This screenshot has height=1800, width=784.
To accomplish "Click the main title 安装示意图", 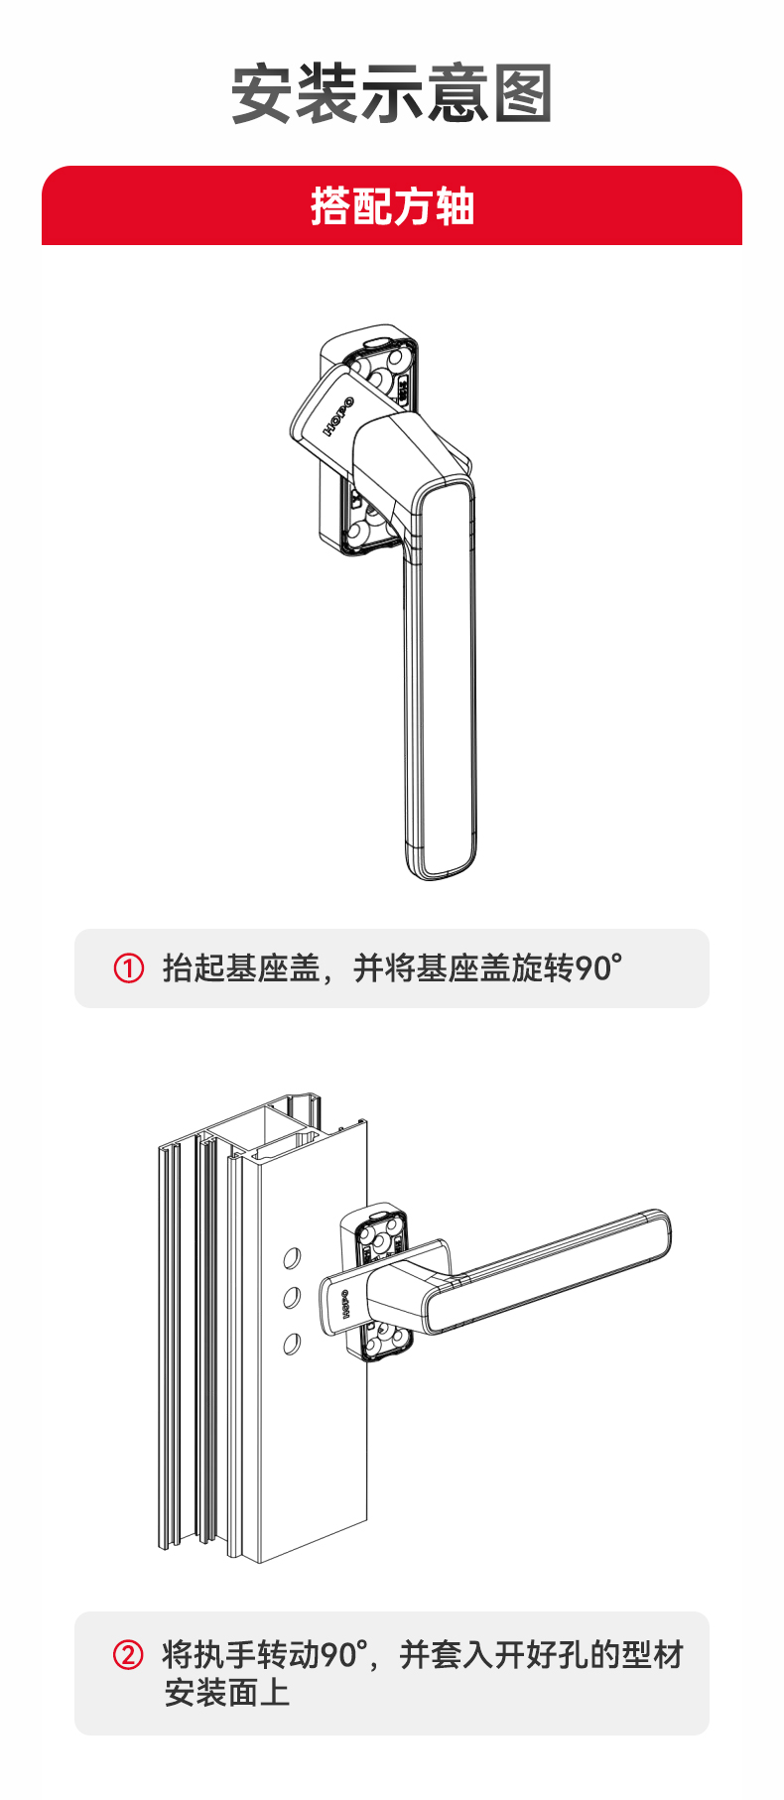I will pos(391,94).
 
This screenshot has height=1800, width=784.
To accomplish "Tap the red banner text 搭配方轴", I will pos(392,206).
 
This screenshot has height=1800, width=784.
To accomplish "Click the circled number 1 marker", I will pos(129,967).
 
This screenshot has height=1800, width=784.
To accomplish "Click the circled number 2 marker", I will pos(128,1655).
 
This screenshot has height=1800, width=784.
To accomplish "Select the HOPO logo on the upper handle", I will pos(338,418).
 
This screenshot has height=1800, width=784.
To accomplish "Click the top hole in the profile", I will pos(292,1258).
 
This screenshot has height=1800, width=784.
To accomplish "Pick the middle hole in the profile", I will pos(292,1297).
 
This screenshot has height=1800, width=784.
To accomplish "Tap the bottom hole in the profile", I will pos(292,1344).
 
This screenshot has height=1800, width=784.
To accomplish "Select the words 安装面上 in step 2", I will pos(227,1693).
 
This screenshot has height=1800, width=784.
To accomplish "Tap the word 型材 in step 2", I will pos(653,1655).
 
